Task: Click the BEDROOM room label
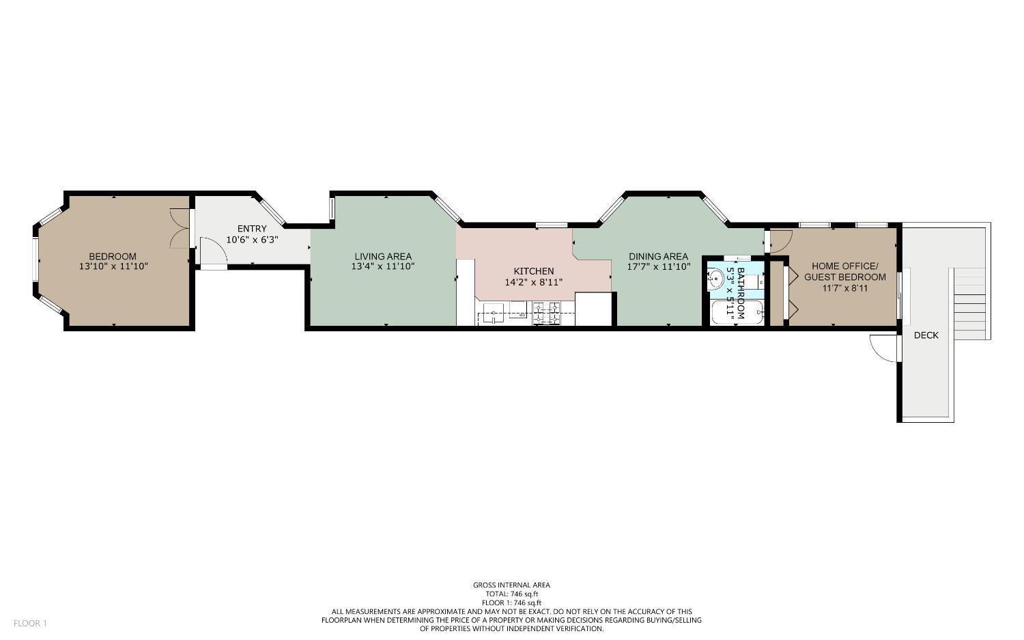coord(113,256)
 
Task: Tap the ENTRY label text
coord(252,229)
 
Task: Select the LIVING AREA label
coord(382,256)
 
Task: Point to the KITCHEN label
coord(533,271)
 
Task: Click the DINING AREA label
coord(658,256)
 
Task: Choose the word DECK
coord(926,335)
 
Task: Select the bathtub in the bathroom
coord(735,313)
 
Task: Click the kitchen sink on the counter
coord(493,315)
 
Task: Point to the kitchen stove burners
coord(547,314)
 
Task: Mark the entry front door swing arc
coord(212,250)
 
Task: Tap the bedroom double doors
coord(180,228)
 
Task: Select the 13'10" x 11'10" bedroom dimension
coord(113,266)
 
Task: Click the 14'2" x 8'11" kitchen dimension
coord(533,281)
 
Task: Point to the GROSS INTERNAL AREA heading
coord(511,585)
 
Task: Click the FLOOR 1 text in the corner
coord(30,623)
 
